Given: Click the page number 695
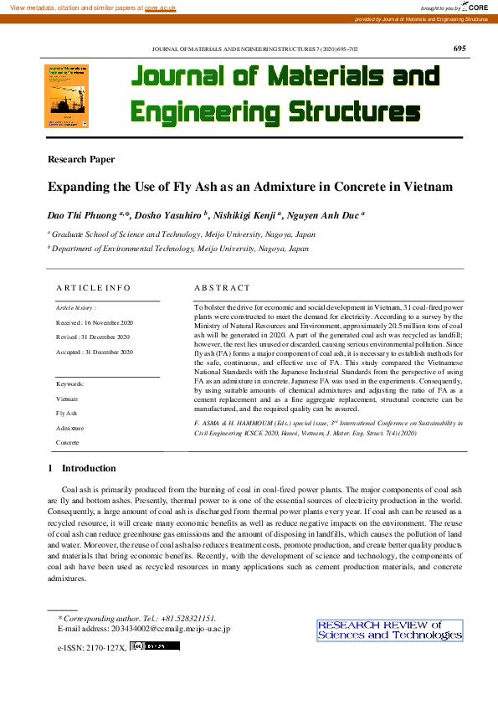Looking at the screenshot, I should (x=459, y=48).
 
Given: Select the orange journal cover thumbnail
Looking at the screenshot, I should (x=66, y=97).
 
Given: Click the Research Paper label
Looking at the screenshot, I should (x=81, y=159).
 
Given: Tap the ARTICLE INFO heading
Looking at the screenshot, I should (x=93, y=288).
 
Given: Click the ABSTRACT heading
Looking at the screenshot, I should (x=222, y=288).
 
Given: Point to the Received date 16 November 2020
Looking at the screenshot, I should (x=95, y=322).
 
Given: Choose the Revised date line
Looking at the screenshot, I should (x=93, y=337).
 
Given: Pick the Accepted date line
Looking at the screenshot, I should (x=95, y=352).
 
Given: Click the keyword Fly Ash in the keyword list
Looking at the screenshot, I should (x=66, y=414).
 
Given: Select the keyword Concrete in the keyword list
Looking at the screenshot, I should (x=69, y=441).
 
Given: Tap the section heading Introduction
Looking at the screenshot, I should (x=89, y=468).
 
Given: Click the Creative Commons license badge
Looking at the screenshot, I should (x=155, y=646).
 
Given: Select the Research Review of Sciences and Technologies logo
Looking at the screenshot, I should (x=389, y=630).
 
